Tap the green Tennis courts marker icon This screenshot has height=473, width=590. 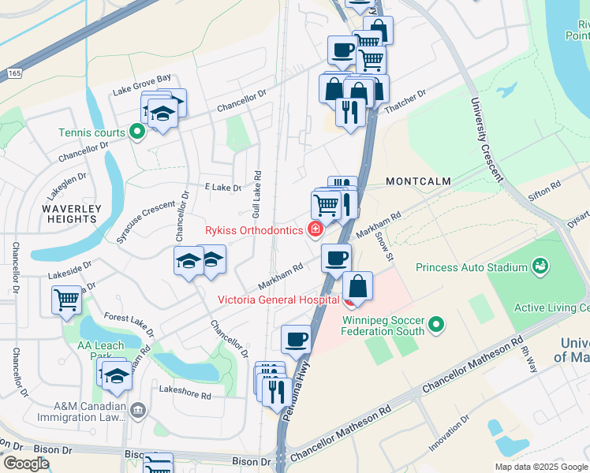pos(136,132)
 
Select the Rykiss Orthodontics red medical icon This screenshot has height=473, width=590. pos(316,230)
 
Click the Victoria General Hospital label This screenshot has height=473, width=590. pos(279,299)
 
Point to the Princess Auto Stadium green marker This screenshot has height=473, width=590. pos(540,267)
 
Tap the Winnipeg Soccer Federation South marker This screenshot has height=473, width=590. pos(435,324)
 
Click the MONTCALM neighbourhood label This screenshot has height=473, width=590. pos(418,181)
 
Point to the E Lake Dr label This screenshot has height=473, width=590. pos(222,188)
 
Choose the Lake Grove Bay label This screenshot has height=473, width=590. pos(141,90)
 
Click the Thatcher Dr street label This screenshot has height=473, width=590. pos(404,102)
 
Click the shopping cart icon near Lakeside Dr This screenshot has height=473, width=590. pos(67,300)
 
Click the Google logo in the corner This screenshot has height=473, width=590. pos(26,463)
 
